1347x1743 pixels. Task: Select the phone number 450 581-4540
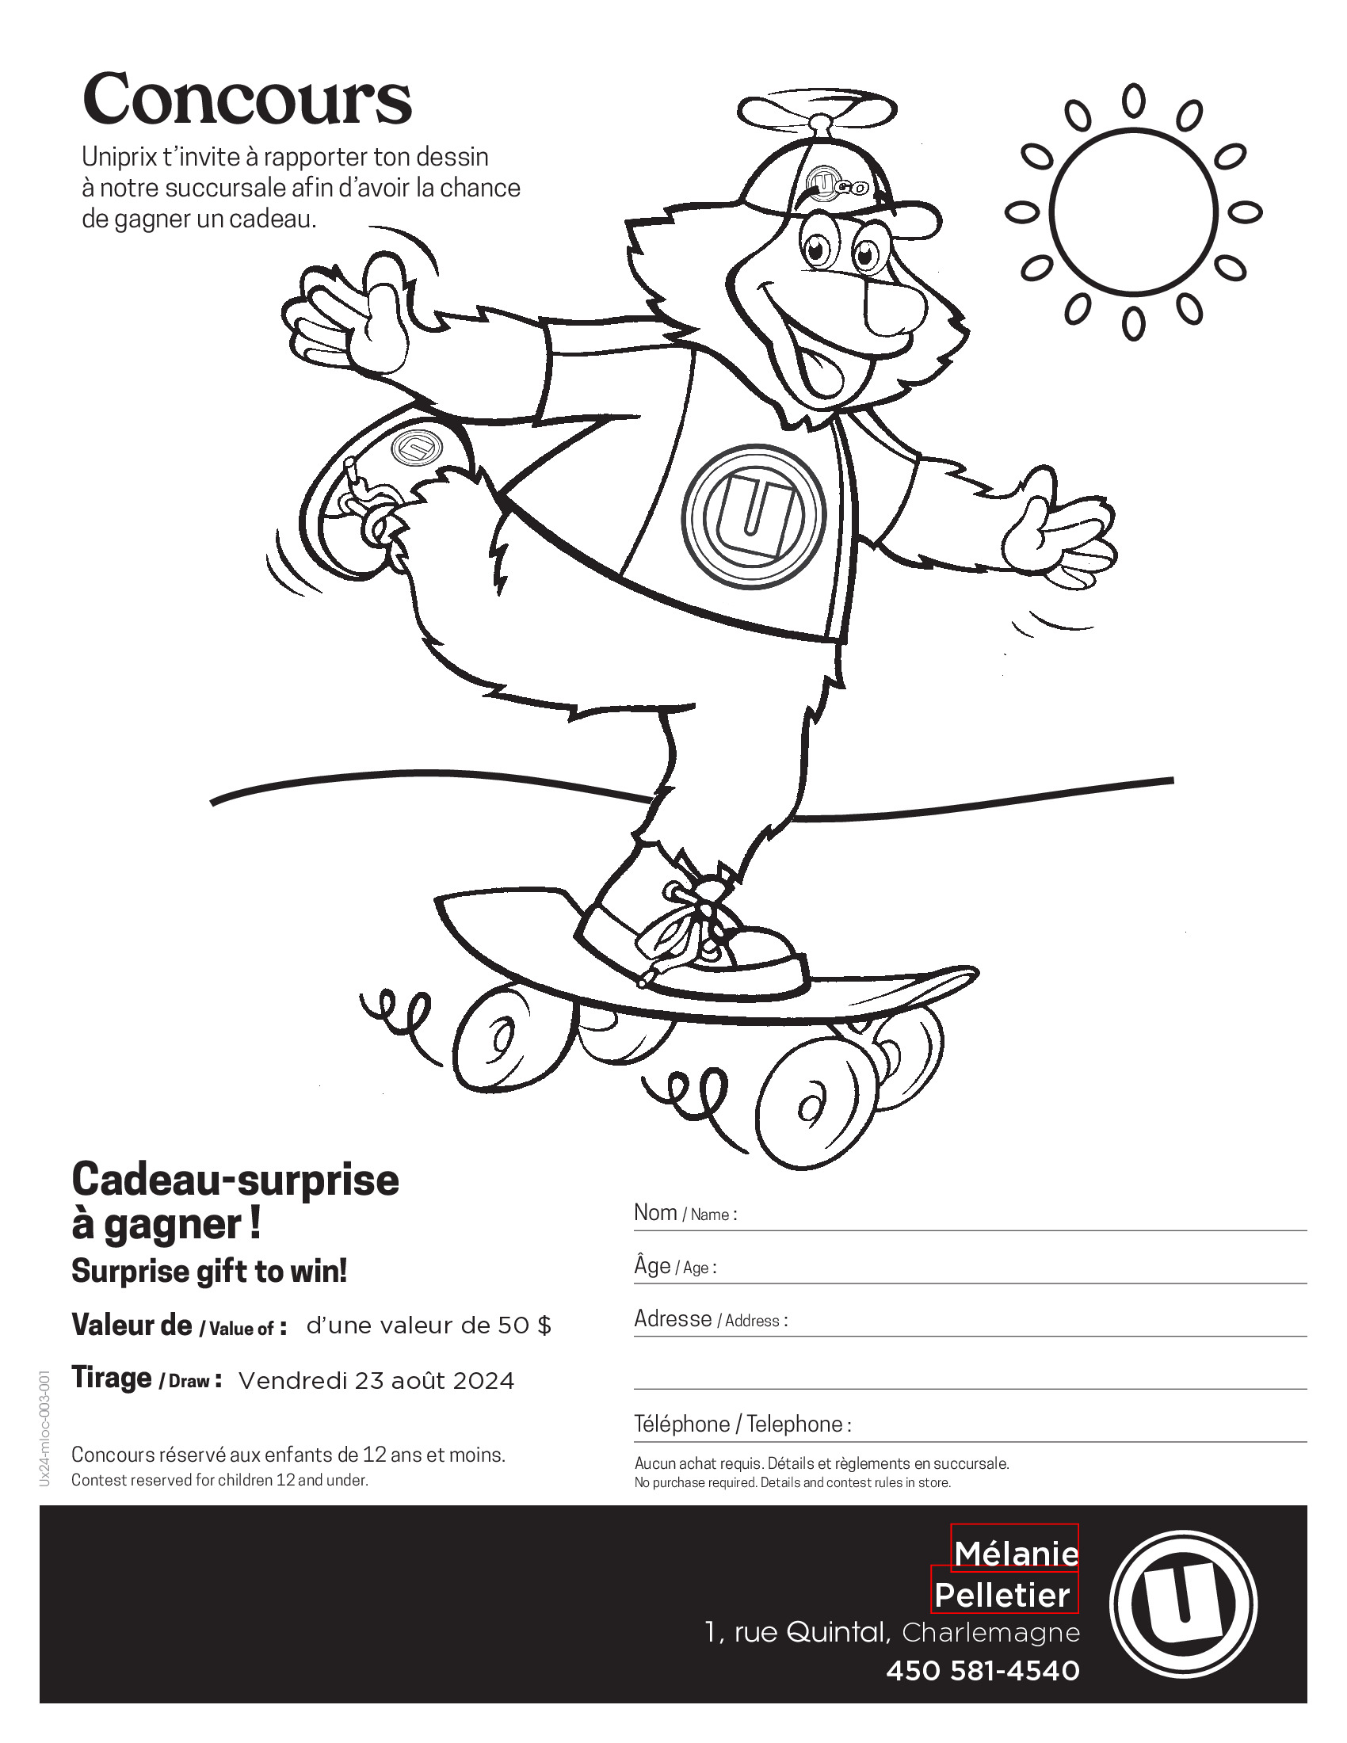click(x=983, y=1670)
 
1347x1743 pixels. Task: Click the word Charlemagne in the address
click(x=990, y=1633)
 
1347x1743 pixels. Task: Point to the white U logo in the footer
click(x=1183, y=1605)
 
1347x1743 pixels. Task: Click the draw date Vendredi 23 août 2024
click(x=376, y=1381)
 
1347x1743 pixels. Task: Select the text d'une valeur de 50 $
click(x=429, y=1325)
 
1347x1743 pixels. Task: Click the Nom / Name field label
click(x=685, y=1213)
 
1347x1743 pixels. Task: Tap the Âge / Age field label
click(x=674, y=1267)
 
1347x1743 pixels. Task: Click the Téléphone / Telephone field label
click(x=742, y=1424)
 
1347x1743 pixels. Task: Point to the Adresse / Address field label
click(x=710, y=1319)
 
